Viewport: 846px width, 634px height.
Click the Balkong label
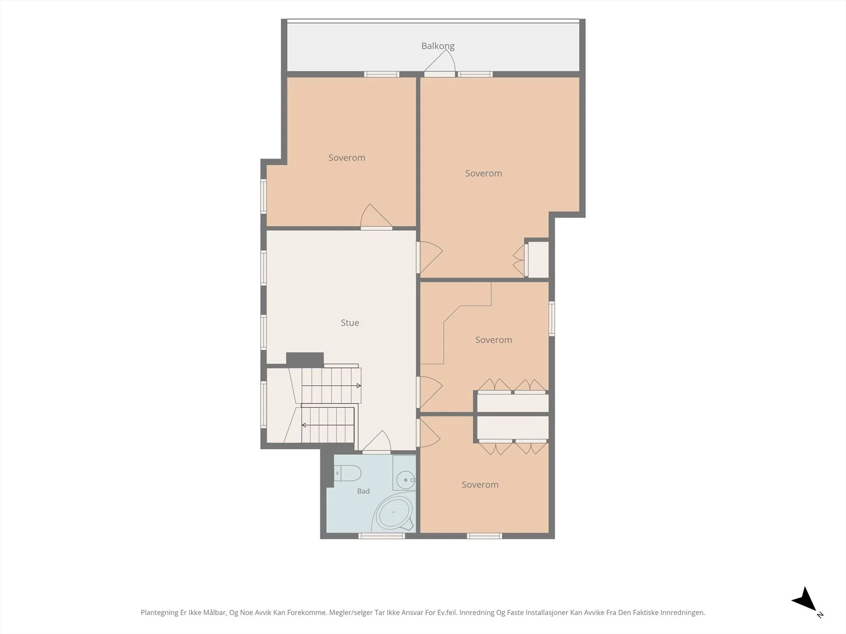[x=438, y=46]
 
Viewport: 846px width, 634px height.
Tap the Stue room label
[x=350, y=323]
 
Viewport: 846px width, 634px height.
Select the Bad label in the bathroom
[x=363, y=491]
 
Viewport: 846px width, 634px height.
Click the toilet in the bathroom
[x=347, y=473]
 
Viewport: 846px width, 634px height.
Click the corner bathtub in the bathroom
[x=393, y=512]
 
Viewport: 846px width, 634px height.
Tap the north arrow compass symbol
[x=805, y=600]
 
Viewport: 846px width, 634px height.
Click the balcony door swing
[x=440, y=62]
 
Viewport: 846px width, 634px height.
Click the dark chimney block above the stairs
[x=305, y=360]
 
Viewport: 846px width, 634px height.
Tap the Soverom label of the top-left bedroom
[x=346, y=157]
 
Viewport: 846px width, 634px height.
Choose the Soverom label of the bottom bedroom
[x=480, y=484]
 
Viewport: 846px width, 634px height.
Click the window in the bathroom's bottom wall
[x=382, y=536]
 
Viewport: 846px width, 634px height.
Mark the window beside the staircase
[x=264, y=404]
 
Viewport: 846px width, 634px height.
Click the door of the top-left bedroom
[x=376, y=217]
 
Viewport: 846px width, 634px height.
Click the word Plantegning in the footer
[x=160, y=612]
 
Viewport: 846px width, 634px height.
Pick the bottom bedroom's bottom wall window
[x=484, y=536]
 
